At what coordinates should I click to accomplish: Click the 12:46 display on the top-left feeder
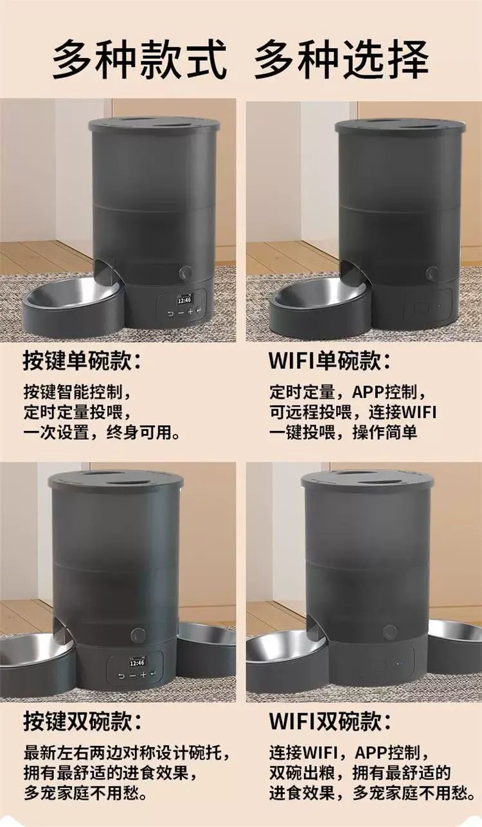point(184,300)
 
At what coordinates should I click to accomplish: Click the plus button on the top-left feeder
point(190,312)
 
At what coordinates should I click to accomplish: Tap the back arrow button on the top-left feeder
point(170,313)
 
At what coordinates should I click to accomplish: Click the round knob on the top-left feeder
point(185,273)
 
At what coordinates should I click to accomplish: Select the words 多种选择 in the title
point(341,60)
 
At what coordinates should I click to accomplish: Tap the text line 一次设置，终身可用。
point(102,432)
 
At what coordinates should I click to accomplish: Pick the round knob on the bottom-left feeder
point(138,635)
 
